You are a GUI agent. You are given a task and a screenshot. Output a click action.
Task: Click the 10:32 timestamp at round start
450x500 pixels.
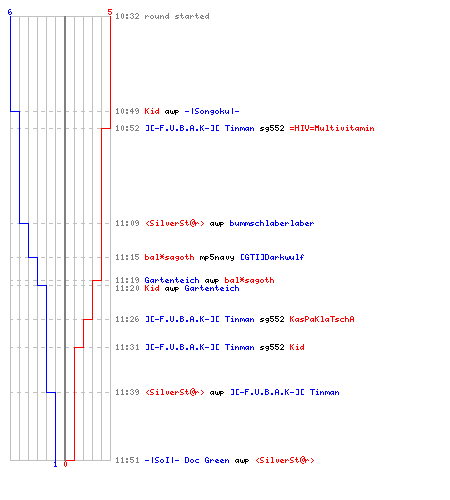coord(127,16)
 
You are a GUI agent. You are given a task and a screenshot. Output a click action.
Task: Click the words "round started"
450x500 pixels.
coord(177,16)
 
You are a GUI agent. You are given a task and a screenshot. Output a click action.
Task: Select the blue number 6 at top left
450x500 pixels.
coord(10,12)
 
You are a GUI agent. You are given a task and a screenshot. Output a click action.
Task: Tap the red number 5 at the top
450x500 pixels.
coord(110,12)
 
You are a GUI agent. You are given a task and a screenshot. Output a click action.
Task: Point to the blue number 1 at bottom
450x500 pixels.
coord(55,464)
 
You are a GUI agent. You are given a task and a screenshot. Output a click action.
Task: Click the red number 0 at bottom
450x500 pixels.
coord(65,464)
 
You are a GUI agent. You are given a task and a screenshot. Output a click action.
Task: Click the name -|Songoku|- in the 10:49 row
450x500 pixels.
coord(212,111)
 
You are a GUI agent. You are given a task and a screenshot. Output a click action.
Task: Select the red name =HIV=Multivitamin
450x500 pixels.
coord(332,128)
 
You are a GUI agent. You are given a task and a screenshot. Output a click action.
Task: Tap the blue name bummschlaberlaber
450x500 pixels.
coord(272,223)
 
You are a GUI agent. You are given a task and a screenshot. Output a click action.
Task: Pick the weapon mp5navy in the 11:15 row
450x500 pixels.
coord(217,257)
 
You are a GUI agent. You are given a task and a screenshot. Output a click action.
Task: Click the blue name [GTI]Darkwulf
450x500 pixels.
coord(272,257)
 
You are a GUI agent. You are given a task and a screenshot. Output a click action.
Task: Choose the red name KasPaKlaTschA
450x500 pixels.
coord(322,319)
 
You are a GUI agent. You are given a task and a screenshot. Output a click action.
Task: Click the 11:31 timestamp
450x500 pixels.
coord(127,347)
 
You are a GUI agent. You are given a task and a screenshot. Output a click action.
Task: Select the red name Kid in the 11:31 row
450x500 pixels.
coord(297,347)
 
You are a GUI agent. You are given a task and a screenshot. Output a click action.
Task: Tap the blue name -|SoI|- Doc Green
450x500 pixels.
coord(187,460)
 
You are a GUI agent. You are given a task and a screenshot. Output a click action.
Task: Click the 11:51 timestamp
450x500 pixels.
coord(127,460)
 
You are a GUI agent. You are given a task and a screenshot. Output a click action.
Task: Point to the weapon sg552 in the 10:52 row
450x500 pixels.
coord(272,129)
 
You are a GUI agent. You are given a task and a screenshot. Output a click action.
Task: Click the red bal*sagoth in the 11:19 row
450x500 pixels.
coord(249,280)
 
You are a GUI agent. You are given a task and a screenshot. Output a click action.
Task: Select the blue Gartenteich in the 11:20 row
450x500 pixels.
coord(212,288)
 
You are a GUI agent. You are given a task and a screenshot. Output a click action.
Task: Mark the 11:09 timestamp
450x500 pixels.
coord(127,223)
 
